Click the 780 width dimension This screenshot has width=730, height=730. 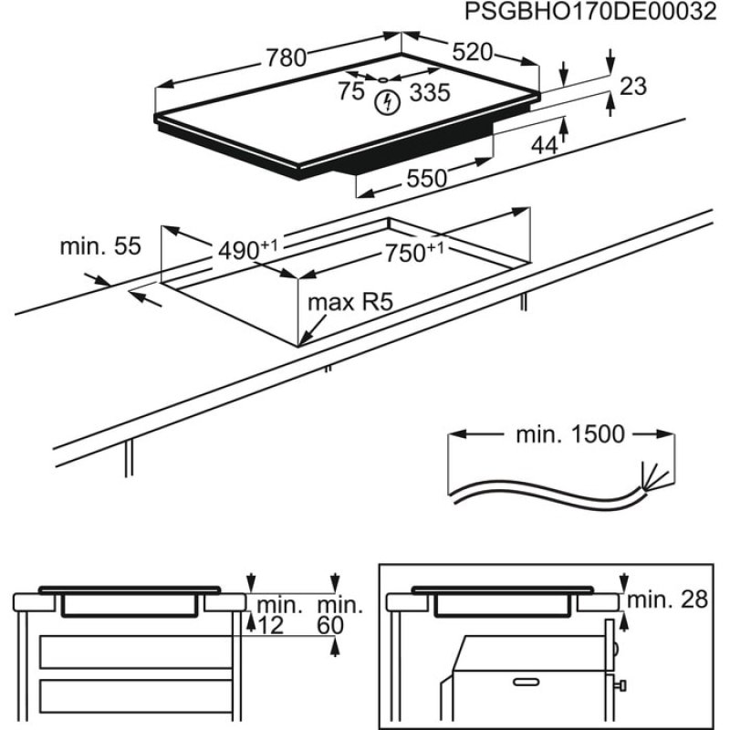(286, 57)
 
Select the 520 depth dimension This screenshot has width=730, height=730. (472, 51)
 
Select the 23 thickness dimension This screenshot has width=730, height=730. (632, 87)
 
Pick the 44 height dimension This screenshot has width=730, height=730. (544, 144)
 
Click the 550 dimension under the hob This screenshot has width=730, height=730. (426, 179)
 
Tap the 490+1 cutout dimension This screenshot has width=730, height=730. (247, 248)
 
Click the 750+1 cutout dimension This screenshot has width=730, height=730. (420, 253)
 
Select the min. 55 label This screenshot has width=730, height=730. (100, 245)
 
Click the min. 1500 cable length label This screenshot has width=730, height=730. (570, 434)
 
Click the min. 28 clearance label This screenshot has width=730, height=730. (670, 600)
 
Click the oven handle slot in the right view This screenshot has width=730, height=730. (531, 681)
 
